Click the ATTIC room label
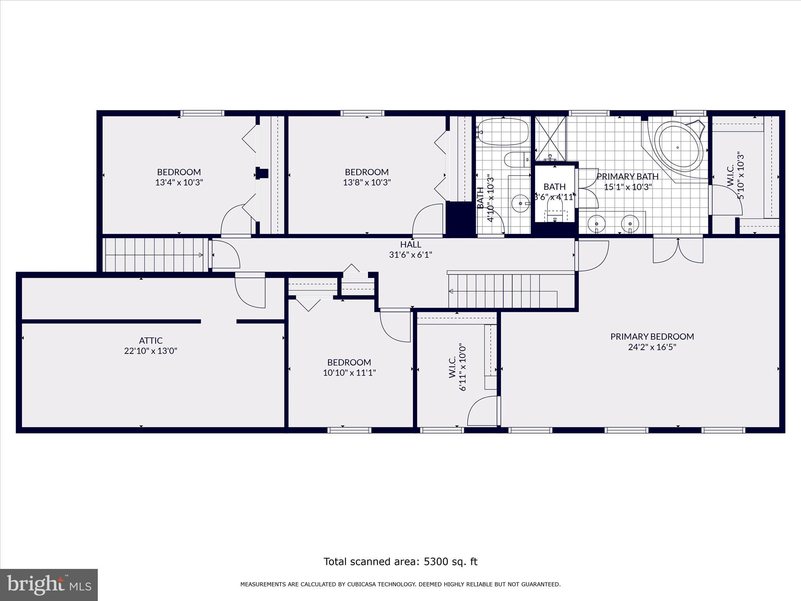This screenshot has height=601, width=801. [x=151, y=340]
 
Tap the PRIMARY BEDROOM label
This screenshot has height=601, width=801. [x=652, y=336]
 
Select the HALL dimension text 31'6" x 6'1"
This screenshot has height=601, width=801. [x=410, y=255]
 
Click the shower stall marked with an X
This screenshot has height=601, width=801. [x=550, y=139]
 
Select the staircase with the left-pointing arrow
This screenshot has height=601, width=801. [x=503, y=291]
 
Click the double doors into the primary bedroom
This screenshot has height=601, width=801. [x=678, y=250]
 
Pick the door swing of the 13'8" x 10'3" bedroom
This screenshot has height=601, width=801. [x=427, y=220]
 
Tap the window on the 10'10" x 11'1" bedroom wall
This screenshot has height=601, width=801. [x=349, y=430]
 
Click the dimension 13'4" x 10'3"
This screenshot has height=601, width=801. [x=179, y=182]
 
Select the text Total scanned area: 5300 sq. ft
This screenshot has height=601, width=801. [x=400, y=561]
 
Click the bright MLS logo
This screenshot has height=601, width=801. [x=48, y=584]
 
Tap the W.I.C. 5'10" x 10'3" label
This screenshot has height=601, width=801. [x=735, y=175]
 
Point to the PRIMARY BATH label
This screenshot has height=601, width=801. [x=627, y=176]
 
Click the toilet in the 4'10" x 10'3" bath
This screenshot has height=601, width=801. [x=515, y=160]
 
